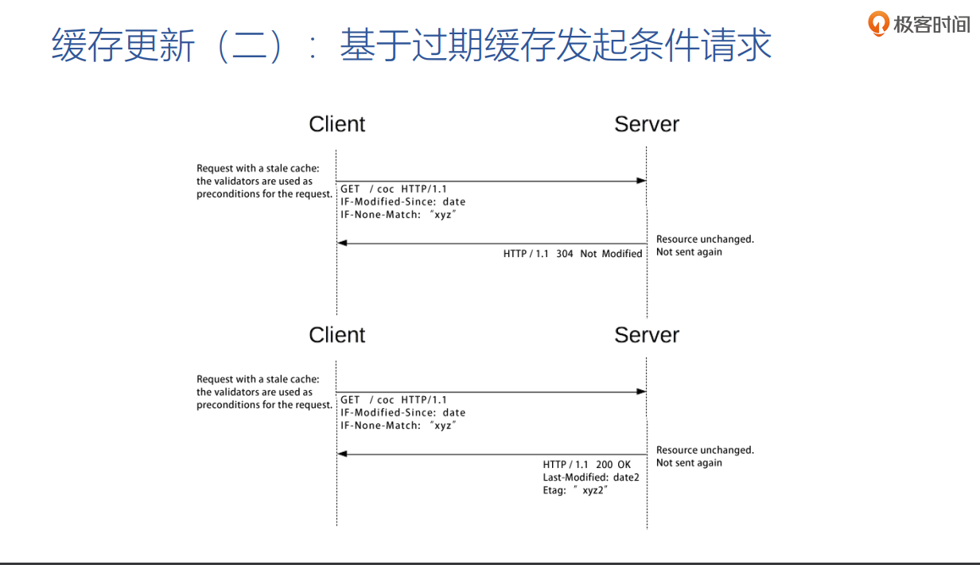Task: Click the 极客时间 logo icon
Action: coord(878,24)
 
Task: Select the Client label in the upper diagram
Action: coord(336,124)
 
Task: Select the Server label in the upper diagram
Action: coord(646,124)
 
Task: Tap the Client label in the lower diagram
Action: coord(336,335)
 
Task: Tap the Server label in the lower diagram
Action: coord(646,335)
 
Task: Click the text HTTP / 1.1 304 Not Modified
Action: coord(572,254)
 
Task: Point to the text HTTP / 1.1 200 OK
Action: coord(586,465)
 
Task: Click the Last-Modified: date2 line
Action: coord(590,477)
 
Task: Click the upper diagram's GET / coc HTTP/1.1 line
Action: coord(394,189)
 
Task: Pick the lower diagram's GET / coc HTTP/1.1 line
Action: coord(394,400)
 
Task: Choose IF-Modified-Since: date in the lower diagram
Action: coord(402,413)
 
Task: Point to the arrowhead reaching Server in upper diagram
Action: coord(641,181)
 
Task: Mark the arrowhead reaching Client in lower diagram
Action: coord(342,454)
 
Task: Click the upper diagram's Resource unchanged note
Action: coord(705,240)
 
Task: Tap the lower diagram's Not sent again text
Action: coord(689,463)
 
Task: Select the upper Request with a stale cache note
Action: coord(258,169)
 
